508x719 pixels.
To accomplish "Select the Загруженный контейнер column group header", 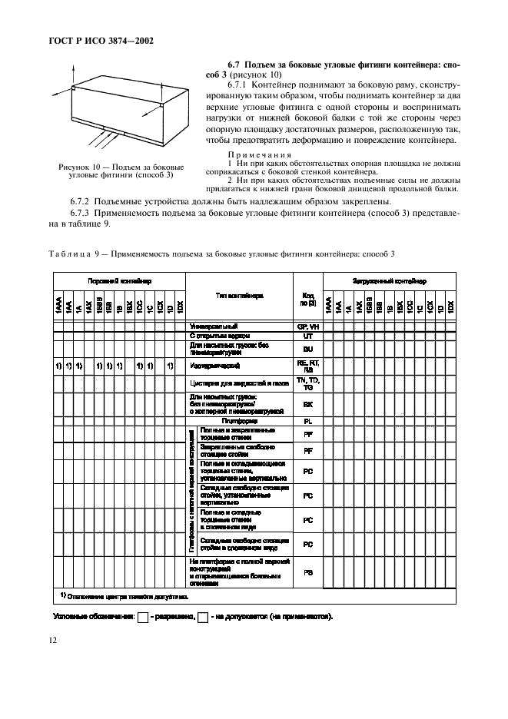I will click(389, 282).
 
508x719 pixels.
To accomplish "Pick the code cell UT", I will click(307, 336).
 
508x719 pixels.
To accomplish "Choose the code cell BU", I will click(307, 348).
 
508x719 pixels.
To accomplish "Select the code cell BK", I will click(307, 404).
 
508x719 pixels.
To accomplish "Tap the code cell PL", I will click(307, 421).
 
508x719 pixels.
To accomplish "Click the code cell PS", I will click(307, 572).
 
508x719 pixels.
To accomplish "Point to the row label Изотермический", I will click(216, 365).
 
